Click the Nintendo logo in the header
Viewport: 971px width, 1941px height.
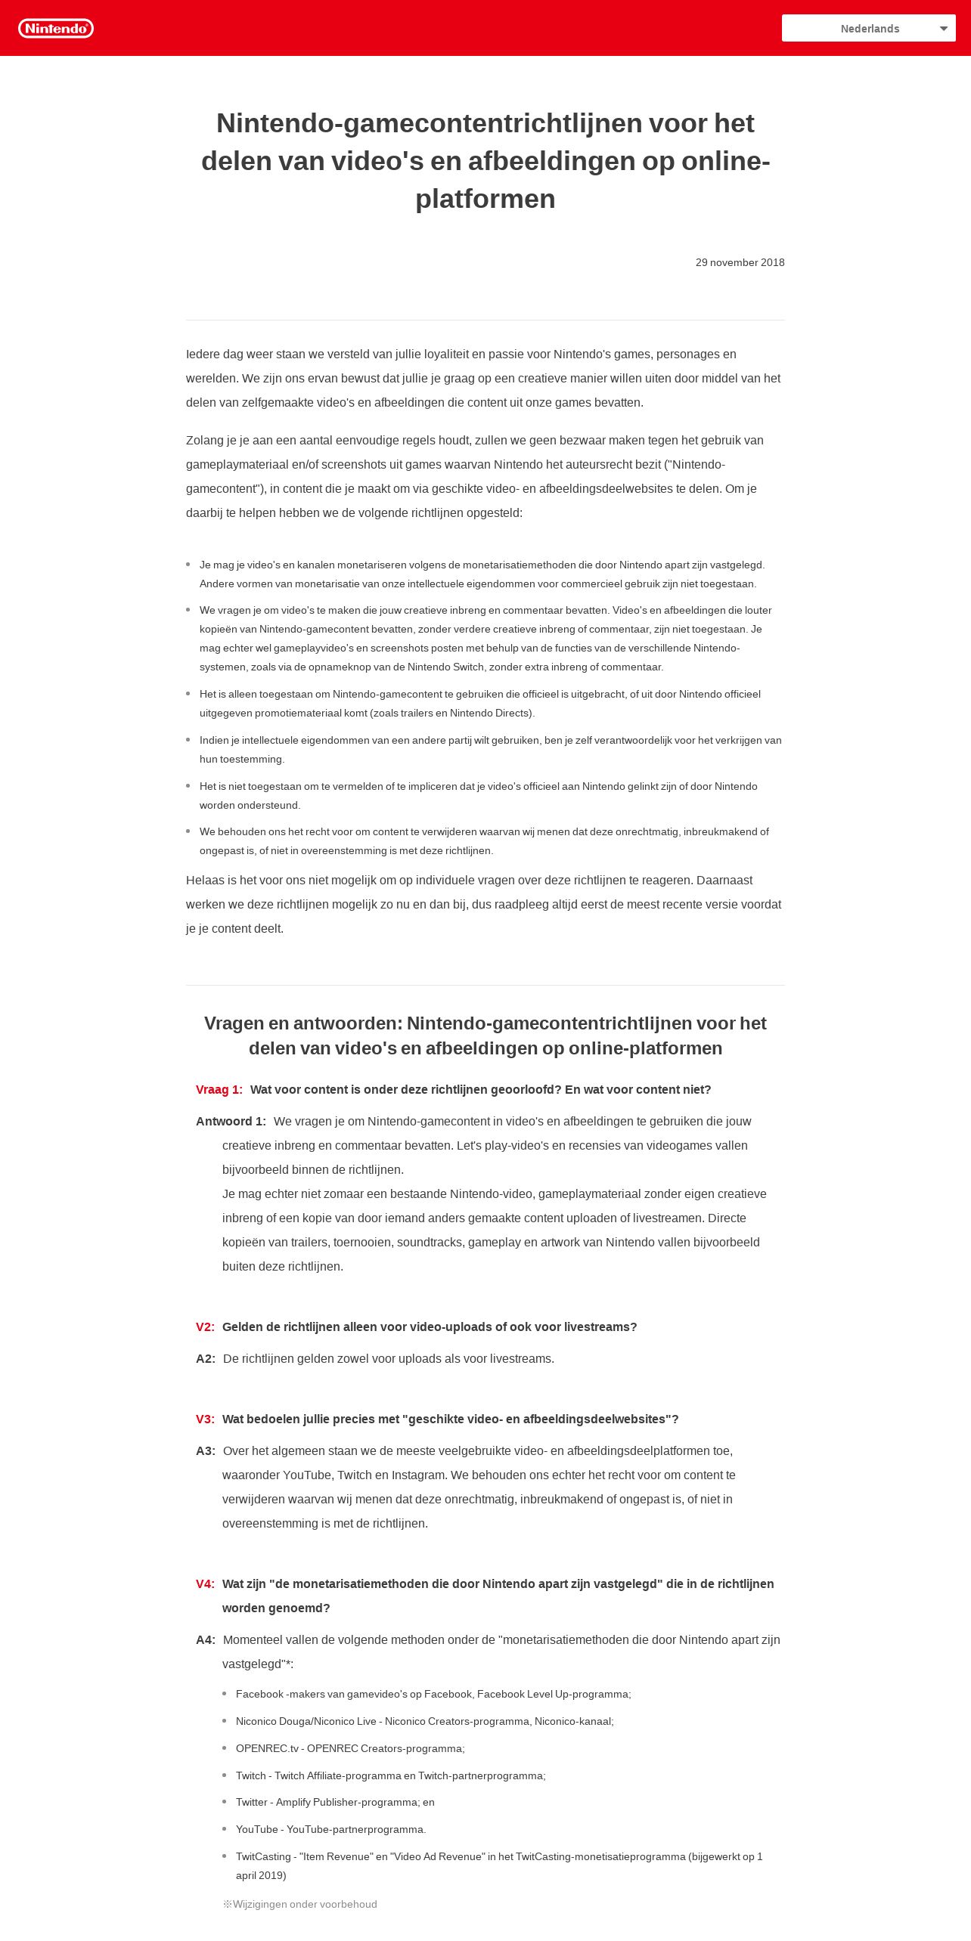point(56,29)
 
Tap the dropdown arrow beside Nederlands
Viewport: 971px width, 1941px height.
point(943,29)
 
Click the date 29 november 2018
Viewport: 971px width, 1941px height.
point(740,262)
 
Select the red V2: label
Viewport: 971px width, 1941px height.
point(205,1327)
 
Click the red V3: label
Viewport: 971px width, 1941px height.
point(205,1419)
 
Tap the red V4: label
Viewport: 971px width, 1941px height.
point(205,1583)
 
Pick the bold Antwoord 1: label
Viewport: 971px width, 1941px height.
point(231,1121)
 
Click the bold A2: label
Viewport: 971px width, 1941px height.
point(206,1358)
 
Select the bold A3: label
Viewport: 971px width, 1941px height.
point(206,1450)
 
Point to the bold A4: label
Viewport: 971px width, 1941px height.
point(206,1639)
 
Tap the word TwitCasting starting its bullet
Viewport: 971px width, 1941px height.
point(263,1856)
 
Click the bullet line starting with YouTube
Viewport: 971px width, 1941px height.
point(330,1829)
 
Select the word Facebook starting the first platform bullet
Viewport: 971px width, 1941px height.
point(259,1694)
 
